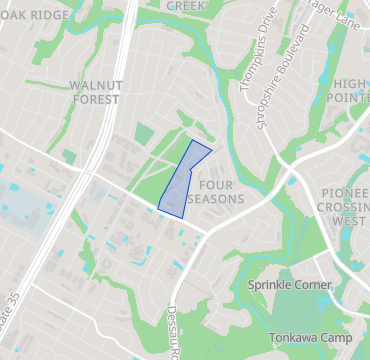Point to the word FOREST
pos(96,100)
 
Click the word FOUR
pos(216,186)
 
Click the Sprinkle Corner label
pos(290,285)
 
